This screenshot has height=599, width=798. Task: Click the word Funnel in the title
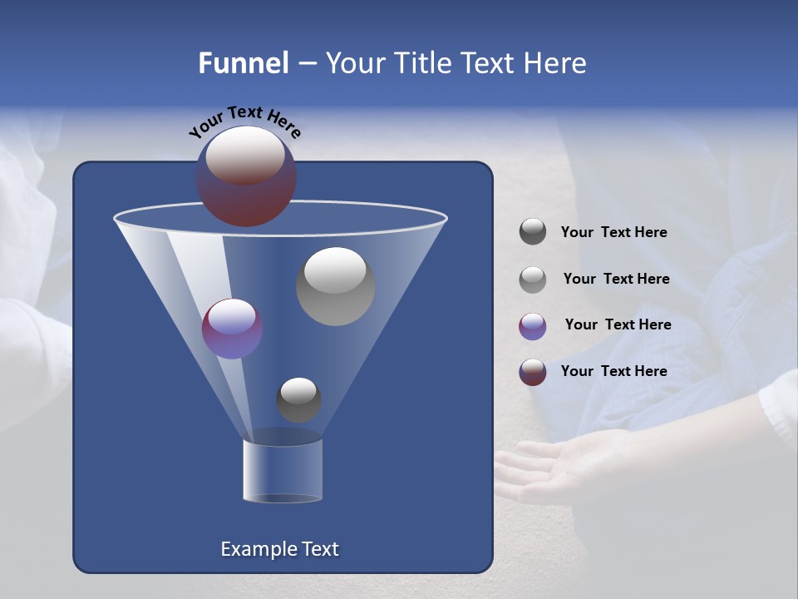[x=243, y=63]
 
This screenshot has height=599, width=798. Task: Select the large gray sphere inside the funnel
[x=335, y=286]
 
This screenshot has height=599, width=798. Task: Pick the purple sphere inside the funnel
[x=232, y=328]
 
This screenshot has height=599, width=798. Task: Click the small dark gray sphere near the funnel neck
[x=298, y=400]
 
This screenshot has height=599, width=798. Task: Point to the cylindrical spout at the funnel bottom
[x=283, y=470]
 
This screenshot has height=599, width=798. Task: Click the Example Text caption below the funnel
[x=279, y=549]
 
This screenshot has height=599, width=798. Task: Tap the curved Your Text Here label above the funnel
[x=244, y=121]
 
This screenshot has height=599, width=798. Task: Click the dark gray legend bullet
[x=533, y=232]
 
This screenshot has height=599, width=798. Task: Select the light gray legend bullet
[x=533, y=279]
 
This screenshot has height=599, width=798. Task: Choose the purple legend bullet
[x=533, y=325]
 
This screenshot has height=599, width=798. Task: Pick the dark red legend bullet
[x=533, y=371]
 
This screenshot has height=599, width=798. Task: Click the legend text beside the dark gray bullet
[x=613, y=232]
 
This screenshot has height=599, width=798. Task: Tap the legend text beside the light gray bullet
[x=616, y=279]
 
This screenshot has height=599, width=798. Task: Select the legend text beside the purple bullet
[x=618, y=324]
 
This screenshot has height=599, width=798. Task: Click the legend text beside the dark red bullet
[x=613, y=371]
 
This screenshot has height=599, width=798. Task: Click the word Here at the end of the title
[x=556, y=63]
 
